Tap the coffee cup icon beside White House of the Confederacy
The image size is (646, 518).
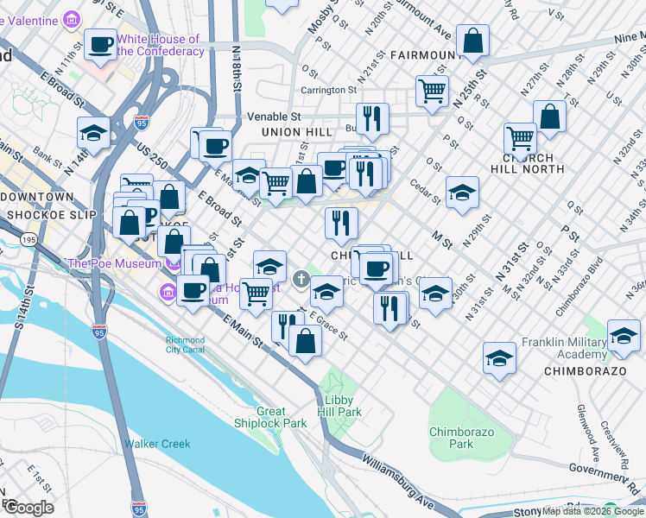pos(101,44)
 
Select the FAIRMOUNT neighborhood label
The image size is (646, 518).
pos(421,55)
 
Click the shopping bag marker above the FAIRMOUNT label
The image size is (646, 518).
pos(473,41)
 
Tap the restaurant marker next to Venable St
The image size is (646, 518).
pos(372,119)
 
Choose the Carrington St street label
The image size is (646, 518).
pos(328,90)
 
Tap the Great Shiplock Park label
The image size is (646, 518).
pos(270,417)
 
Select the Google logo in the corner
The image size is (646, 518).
pos(28,508)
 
